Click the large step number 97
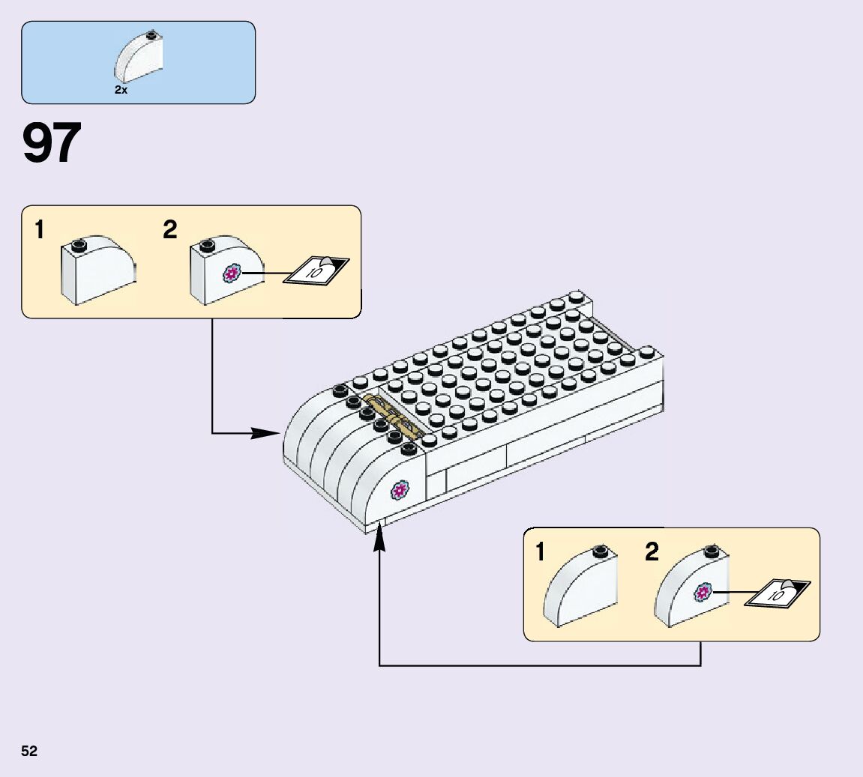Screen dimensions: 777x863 pyautogui.click(x=52, y=143)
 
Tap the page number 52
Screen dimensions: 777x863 pyautogui.click(x=29, y=751)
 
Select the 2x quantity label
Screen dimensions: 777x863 pyautogui.click(x=121, y=90)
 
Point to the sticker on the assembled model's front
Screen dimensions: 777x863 pyautogui.click(x=400, y=492)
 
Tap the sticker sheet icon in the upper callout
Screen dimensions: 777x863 pyautogui.click(x=316, y=270)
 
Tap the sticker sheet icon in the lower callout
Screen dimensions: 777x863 pyautogui.click(x=778, y=593)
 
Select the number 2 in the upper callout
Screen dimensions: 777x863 pyautogui.click(x=170, y=230)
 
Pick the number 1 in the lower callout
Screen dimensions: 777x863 pyautogui.click(x=541, y=553)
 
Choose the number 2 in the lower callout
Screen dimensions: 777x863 pyautogui.click(x=652, y=553)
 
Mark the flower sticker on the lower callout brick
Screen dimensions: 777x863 pyautogui.click(x=703, y=593)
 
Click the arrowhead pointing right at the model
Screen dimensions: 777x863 pyautogui.click(x=265, y=433)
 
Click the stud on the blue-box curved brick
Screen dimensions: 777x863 pyautogui.click(x=152, y=34)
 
